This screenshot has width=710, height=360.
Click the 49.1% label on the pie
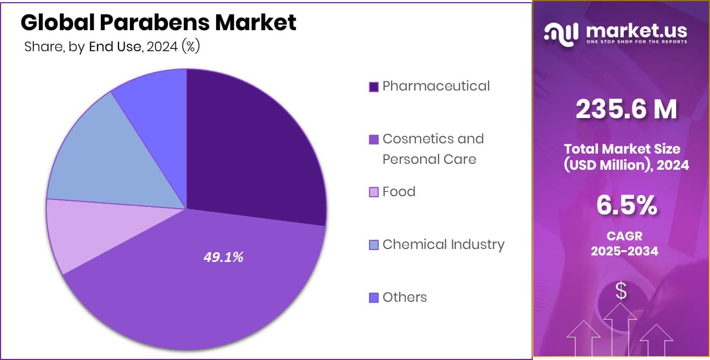(223, 258)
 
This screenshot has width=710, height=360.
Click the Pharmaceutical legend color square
(373, 87)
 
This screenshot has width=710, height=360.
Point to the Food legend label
(399, 192)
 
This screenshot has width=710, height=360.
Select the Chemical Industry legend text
(443, 245)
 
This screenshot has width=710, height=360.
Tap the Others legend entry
(404, 297)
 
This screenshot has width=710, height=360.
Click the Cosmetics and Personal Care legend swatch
(373, 140)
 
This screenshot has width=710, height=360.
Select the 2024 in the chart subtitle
(162, 47)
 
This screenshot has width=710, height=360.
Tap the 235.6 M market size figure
(626, 109)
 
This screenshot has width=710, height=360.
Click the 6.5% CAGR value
(626, 205)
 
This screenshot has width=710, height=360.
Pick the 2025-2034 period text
(624, 251)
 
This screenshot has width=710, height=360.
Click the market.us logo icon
(561, 33)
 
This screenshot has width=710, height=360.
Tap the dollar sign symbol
(621, 291)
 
